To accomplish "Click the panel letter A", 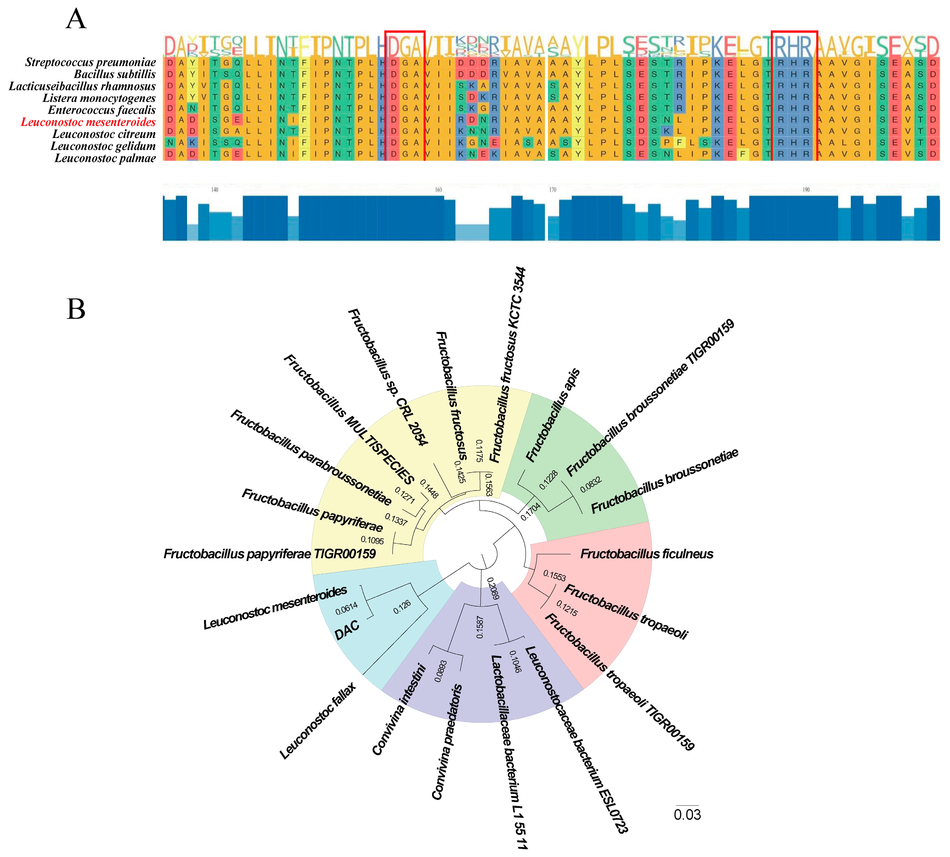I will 76,20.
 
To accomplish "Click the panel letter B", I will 76,309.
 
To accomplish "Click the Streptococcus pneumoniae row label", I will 90,62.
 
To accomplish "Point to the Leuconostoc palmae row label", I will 105,158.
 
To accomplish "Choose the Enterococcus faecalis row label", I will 102,110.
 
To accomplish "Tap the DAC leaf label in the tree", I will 347,629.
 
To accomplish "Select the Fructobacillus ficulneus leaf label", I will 646,554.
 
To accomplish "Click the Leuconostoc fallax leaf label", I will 318,720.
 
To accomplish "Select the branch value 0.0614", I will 346,608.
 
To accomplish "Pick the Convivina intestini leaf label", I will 399,710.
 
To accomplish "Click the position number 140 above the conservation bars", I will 215,190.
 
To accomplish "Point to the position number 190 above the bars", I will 806,190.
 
